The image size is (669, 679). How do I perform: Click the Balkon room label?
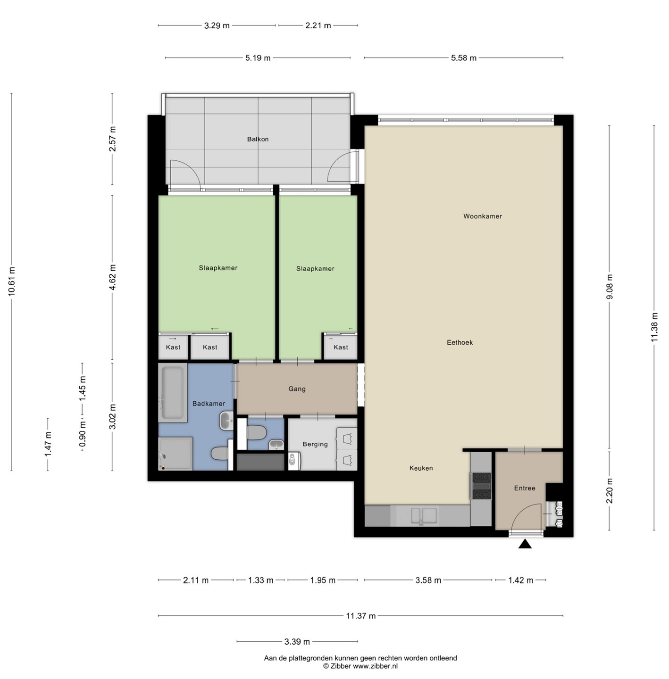(258, 139)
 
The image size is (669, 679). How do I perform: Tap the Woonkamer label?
(483, 216)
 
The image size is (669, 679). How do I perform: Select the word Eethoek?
(460, 342)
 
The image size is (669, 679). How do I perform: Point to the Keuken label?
(421, 468)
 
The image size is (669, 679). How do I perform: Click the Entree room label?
(525, 489)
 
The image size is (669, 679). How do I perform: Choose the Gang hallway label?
(297, 389)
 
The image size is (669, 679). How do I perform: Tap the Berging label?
(315, 444)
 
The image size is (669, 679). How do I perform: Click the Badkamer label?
(209, 404)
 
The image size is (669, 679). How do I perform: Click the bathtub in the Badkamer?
(173, 393)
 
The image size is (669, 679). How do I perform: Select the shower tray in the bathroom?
(176, 454)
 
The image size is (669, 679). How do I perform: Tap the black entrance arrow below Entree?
(525, 544)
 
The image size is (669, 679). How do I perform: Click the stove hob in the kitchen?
(481, 486)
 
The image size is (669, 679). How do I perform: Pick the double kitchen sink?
(424, 515)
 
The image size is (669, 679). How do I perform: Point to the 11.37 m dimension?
(361, 616)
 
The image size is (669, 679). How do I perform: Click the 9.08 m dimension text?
(610, 287)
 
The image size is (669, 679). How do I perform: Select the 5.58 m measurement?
(464, 58)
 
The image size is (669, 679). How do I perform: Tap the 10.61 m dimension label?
(12, 282)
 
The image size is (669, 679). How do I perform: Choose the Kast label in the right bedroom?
(341, 348)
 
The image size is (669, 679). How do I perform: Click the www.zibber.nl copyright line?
(360, 666)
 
